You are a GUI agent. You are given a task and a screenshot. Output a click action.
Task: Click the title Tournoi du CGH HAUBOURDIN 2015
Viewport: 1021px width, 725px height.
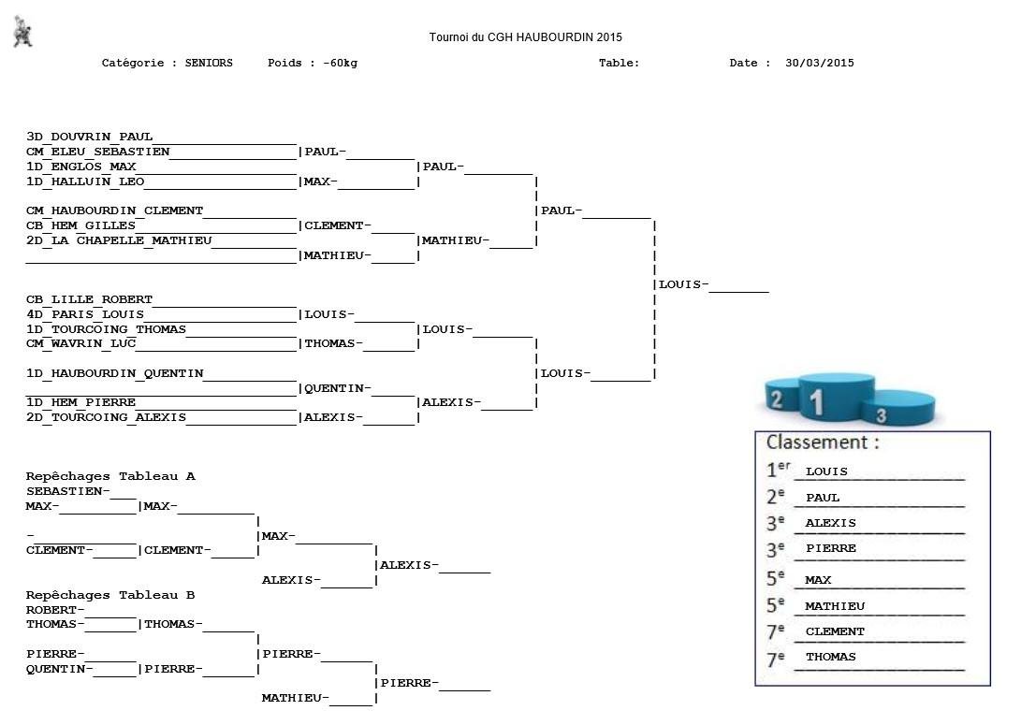525,37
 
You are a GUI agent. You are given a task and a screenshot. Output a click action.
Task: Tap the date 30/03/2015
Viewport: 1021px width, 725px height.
819,64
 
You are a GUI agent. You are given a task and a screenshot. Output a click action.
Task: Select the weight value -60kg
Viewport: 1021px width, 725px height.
340,64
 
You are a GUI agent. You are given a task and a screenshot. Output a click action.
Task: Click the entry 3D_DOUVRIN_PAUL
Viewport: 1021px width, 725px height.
89,137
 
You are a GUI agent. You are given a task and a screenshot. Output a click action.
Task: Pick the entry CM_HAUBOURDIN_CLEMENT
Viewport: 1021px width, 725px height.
114,210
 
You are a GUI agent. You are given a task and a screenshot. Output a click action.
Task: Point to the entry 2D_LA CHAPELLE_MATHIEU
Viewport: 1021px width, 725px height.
119,240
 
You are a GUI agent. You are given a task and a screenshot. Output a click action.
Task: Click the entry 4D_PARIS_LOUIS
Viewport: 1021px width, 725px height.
85,314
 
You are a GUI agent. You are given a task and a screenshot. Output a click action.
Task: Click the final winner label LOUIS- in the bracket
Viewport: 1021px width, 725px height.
683,284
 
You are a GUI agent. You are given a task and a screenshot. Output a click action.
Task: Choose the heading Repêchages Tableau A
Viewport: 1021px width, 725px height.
110,476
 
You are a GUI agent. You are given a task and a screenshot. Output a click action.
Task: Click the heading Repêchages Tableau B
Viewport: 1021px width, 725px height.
110,595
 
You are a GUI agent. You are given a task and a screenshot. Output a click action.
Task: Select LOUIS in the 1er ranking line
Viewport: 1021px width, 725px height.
826,471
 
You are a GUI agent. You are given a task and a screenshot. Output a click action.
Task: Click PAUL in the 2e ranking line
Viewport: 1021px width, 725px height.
823,498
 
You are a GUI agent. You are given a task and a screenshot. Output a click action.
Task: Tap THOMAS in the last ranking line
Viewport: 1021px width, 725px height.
830,657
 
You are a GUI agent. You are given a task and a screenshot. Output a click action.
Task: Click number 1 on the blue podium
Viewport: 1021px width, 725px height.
817,402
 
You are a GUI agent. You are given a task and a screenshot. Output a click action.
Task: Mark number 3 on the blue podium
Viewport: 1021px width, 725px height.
882,414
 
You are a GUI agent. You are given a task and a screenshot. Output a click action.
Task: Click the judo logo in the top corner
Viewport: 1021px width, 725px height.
23,33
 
